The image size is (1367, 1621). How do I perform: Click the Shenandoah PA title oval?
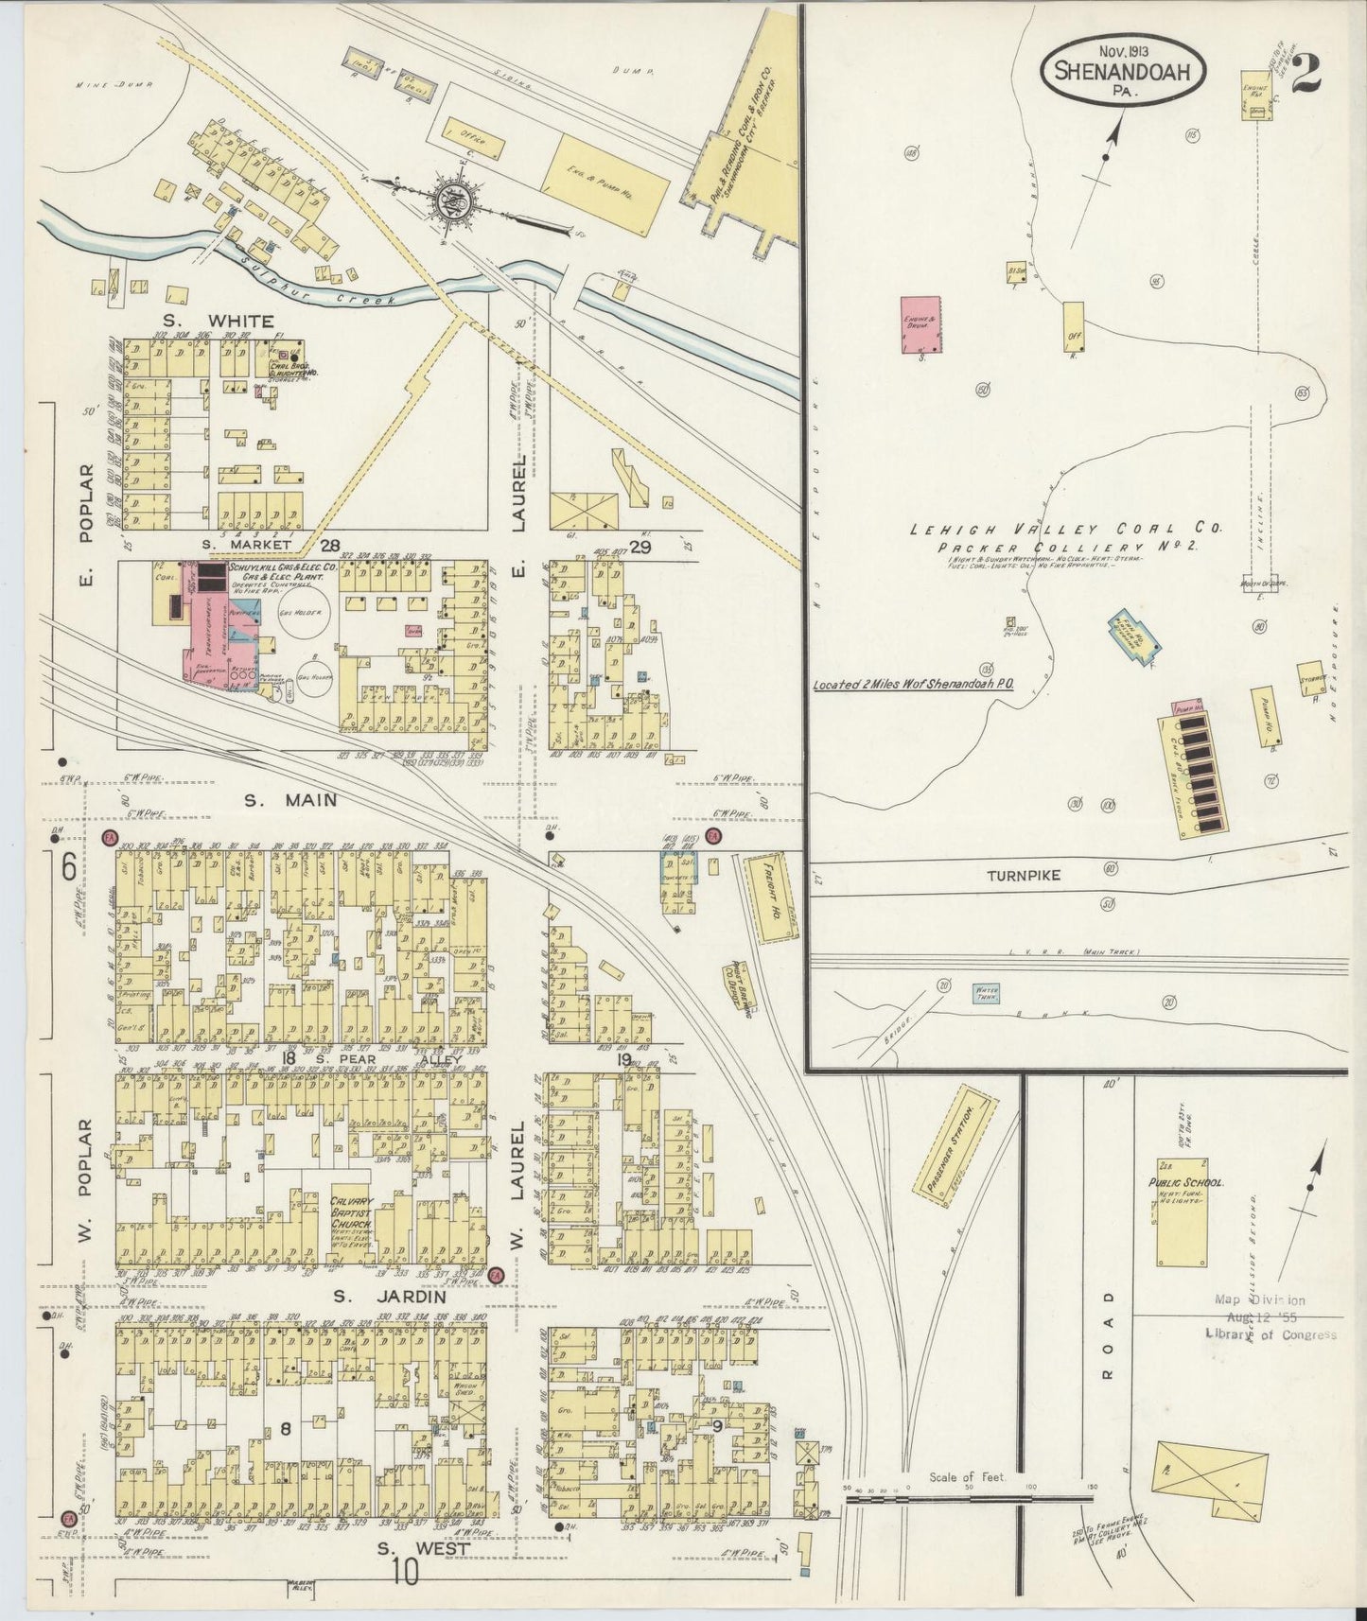coord(1123,72)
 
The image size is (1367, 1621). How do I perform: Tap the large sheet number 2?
coord(1306,73)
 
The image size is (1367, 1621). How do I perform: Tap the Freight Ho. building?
coord(772,898)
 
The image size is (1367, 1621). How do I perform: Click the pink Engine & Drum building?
coord(920,324)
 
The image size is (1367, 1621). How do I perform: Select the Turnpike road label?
coord(1024,876)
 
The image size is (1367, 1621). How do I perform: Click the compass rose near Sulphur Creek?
coord(446,200)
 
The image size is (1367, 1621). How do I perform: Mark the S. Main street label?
coord(289,800)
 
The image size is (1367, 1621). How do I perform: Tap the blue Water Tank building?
coord(987,994)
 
